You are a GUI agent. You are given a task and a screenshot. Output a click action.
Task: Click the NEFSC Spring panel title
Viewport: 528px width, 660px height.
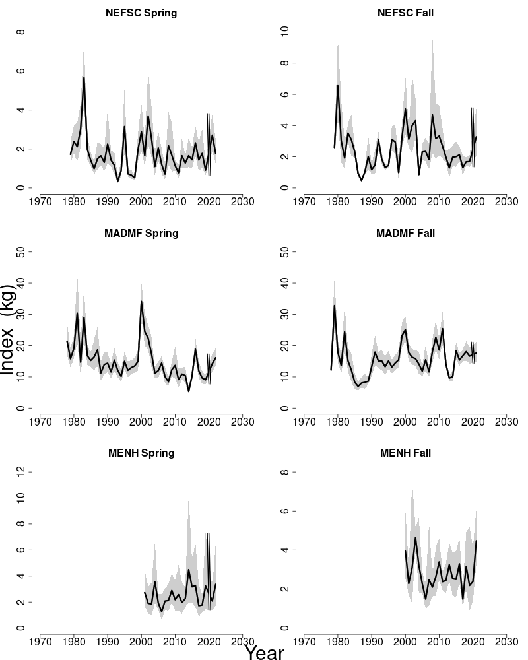click(x=141, y=13)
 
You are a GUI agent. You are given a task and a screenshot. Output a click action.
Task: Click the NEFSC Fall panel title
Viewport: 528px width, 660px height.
click(x=405, y=13)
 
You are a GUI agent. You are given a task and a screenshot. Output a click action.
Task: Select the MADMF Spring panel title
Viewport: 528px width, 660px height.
click(x=141, y=234)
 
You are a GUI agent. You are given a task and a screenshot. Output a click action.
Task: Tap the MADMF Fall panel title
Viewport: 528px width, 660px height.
click(x=405, y=234)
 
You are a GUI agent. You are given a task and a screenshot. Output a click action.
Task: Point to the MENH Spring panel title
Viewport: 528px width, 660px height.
click(x=141, y=453)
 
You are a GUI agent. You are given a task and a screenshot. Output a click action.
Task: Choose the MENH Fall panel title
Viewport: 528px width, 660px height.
click(x=405, y=453)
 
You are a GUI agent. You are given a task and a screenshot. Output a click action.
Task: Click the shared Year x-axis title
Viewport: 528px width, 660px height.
click(x=264, y=652)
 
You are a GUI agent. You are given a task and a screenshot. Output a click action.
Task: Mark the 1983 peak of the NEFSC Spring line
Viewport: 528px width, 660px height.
click(x=84, y=78)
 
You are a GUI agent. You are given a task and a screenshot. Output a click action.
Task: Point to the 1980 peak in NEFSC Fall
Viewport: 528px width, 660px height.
click(x=338, y=86)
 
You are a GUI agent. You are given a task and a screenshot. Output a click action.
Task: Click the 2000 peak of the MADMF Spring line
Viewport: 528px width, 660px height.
click(x=141, y=302)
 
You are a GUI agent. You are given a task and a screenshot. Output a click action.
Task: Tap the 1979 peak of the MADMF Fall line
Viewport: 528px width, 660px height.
click(x=335, y=306)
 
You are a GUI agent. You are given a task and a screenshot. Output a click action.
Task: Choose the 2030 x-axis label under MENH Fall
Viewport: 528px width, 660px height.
click(x=506, y=640)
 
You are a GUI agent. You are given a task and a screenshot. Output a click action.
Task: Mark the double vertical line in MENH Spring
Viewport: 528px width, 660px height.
click(x=208, y=571)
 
